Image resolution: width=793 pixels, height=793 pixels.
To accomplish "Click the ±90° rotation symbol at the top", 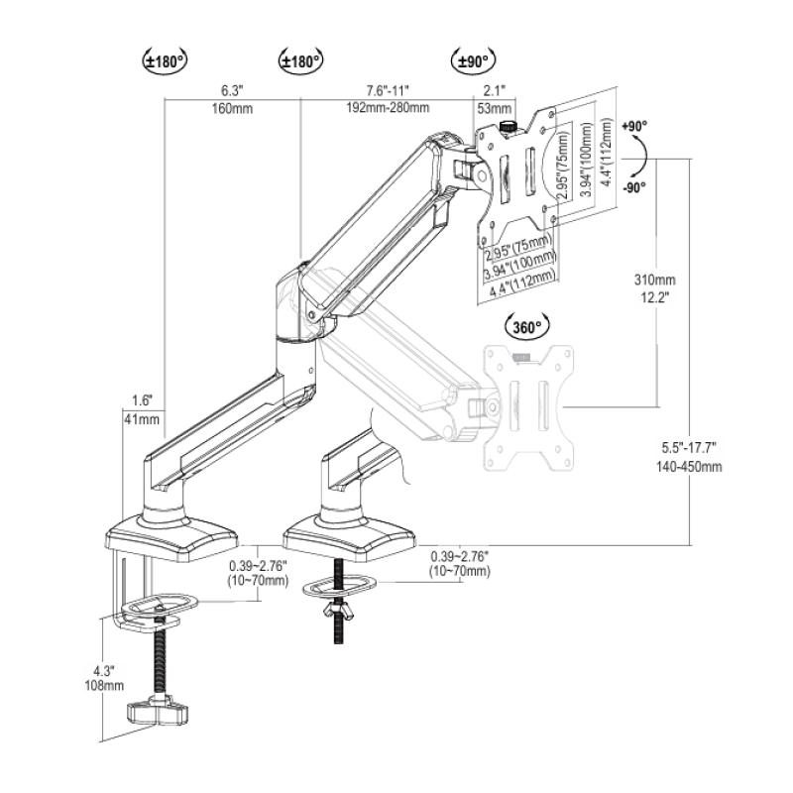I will click(472, 60).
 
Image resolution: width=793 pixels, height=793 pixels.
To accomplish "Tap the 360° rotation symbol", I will click(525, 327).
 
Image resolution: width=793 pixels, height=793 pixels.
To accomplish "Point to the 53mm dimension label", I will click(494, 108).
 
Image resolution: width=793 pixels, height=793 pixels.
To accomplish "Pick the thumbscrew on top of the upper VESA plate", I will click(509, 126).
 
